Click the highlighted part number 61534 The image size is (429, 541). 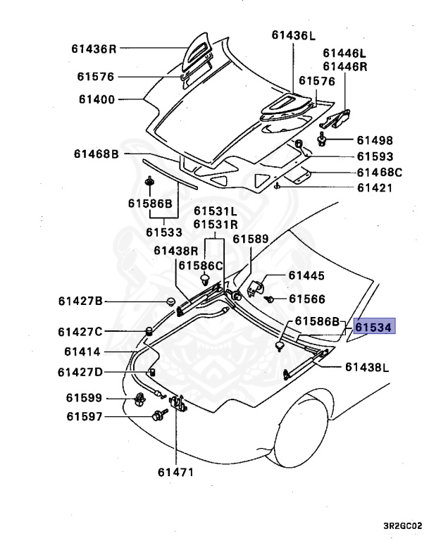pos(375,328)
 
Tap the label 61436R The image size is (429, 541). pos(93,49)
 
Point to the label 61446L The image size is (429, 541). pos(344,53)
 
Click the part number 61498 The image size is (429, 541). pos(374,141)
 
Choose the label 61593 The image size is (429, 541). pos(374,157)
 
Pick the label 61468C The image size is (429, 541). pos(379,173)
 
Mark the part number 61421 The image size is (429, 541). pos(374,188)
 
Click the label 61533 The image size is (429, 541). pos(164,232)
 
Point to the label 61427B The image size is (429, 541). pos(80,301)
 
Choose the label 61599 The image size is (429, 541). pos(85,398)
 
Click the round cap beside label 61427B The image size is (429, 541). pos(170,302)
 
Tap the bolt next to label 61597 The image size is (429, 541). pos(155,417)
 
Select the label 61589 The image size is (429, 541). pos(251,240)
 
